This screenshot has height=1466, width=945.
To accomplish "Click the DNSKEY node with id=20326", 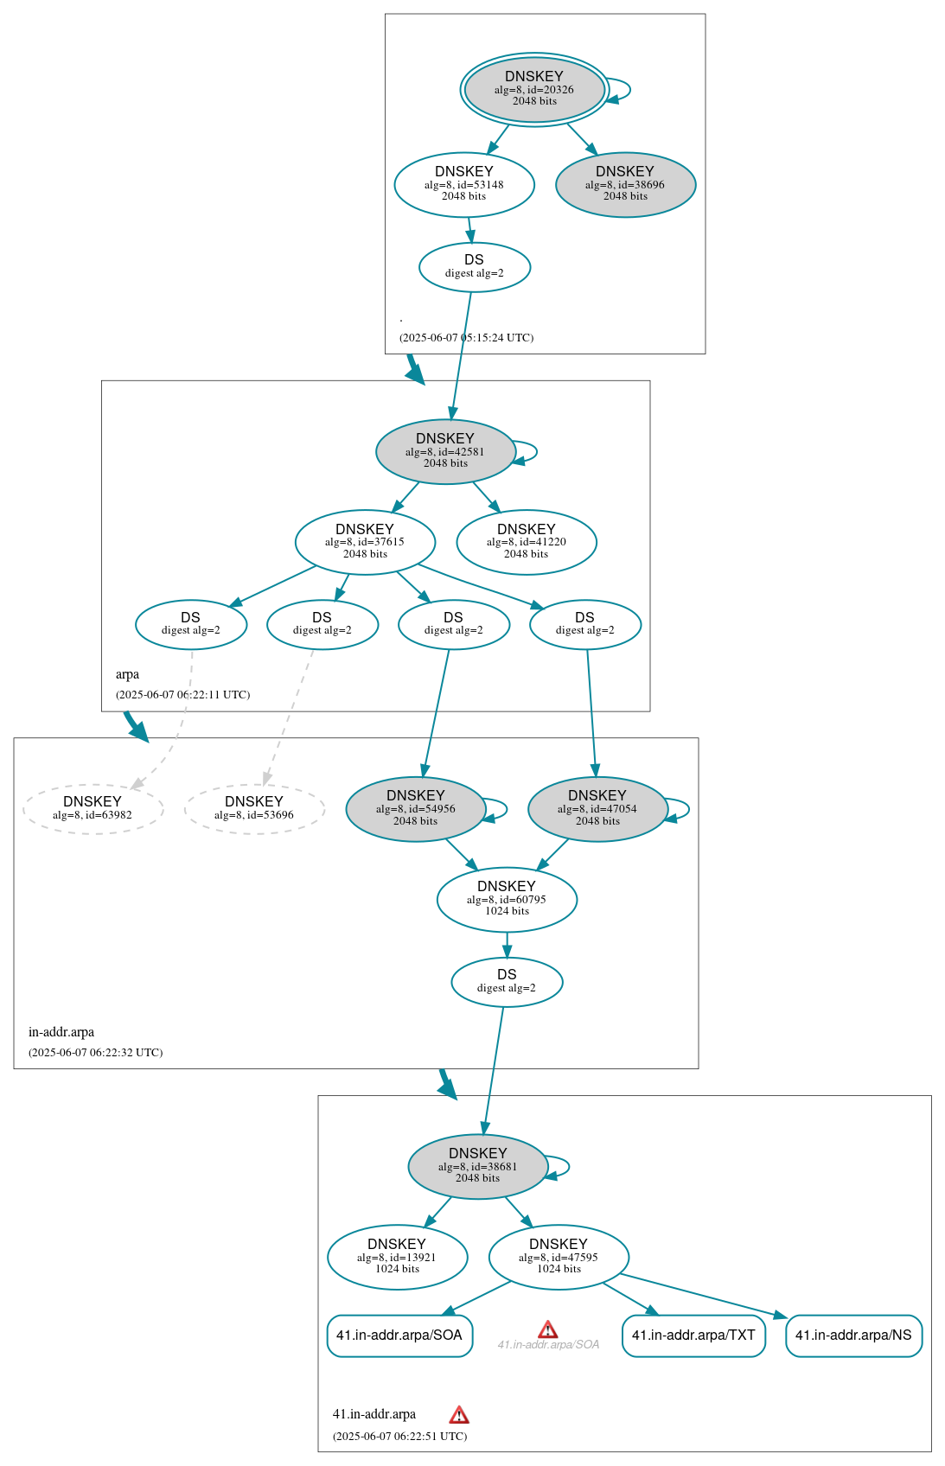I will [534, 89].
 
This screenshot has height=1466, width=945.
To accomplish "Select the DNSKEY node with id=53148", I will [464, 184].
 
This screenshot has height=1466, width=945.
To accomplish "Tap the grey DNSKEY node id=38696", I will [625, 184].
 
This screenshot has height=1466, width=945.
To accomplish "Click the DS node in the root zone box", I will [474, 266].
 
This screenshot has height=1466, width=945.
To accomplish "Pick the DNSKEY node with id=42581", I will [445, 451].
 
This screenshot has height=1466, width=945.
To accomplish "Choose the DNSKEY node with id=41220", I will [526, 542].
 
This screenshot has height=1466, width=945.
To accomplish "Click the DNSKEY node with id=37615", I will [365, 542].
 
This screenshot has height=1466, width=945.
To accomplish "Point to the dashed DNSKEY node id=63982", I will [93, 808].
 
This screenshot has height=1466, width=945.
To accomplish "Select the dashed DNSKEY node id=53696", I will [254, 808].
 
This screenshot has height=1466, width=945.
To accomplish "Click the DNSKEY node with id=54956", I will [416, 808].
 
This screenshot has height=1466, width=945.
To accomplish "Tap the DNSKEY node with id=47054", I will [597, 808].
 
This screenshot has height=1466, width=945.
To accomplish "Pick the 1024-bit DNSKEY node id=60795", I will [507, 899].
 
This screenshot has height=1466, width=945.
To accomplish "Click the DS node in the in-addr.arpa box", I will [507, 981].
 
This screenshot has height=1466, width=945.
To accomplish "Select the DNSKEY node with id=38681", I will [477, 1166].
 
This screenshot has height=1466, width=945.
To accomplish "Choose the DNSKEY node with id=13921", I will [397, 1257].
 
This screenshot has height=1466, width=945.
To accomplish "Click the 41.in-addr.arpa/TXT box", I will [693, 1335].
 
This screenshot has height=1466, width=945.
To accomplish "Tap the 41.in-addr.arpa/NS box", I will [853, 1335].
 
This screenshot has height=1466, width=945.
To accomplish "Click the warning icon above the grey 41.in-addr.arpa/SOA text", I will [548, 1329].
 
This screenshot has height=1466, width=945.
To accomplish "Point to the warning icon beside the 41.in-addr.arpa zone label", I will [459, 1414].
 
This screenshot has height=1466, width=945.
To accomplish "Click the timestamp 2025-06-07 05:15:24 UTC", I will [466, 337].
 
